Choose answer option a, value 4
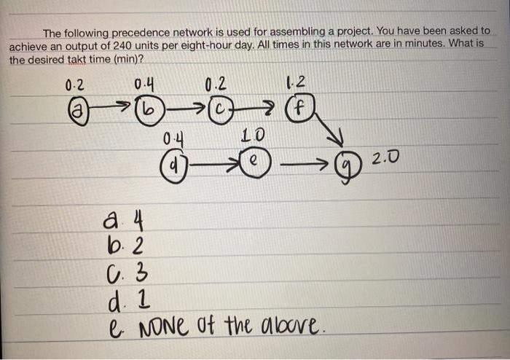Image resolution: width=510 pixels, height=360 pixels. (x=117, y=219)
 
